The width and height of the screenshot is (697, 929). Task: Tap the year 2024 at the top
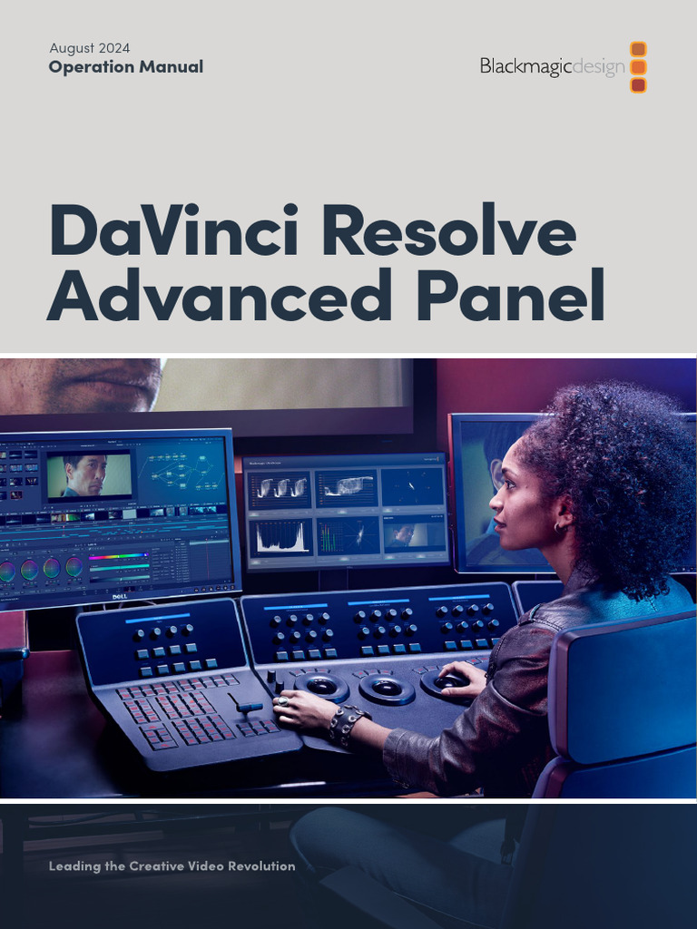click(114, 47)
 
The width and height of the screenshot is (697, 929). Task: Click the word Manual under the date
click(174, 66)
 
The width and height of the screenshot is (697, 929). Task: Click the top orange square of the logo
click(638, 49)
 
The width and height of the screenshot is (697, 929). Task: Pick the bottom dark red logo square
click(638, 85)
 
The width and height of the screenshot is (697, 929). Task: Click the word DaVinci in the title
click(177, 231)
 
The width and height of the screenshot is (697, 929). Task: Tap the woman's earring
click(560, 526)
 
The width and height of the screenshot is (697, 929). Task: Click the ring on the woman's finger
click(283, 700)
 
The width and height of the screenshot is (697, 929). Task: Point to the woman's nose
click(496, 499)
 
